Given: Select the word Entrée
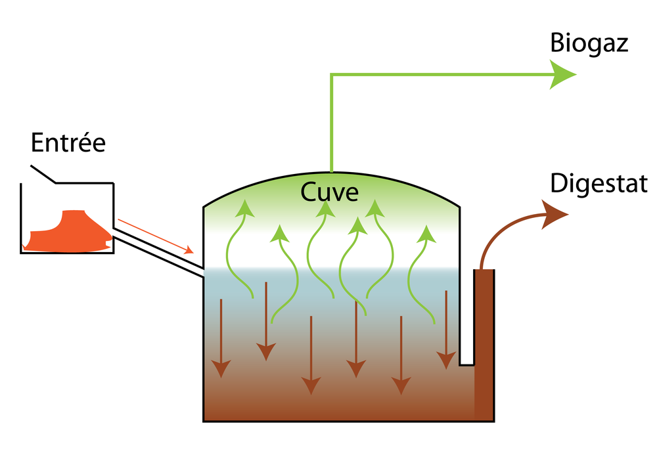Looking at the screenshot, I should click(68, 142).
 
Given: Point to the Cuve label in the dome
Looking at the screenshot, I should click(330, 192).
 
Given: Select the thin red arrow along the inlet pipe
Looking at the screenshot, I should click(155, 236).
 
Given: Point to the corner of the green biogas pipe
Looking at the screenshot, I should click(330, 75).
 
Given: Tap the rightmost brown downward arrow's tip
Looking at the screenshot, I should click(446, 362).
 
